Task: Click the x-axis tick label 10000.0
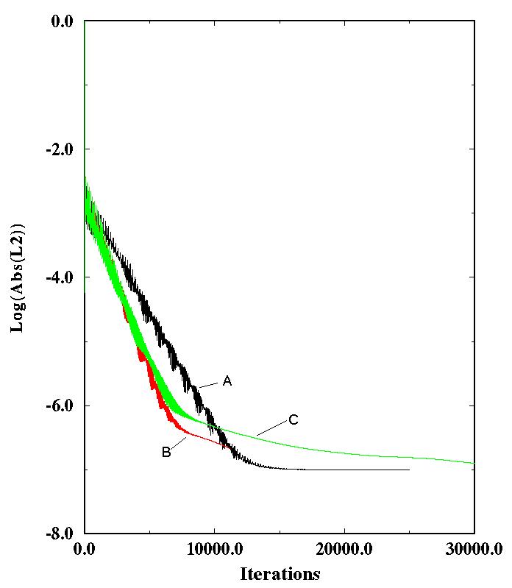pos(214,549)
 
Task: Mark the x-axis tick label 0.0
pos(85,549)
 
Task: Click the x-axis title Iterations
pos(280,573)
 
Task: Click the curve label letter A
pos(227,381)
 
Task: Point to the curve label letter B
pos(166,452)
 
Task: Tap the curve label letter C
pos(293,420)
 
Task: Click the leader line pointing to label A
pos(210,384)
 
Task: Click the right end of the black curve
pos(408,470)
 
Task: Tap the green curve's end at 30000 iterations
pos(474,463)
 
